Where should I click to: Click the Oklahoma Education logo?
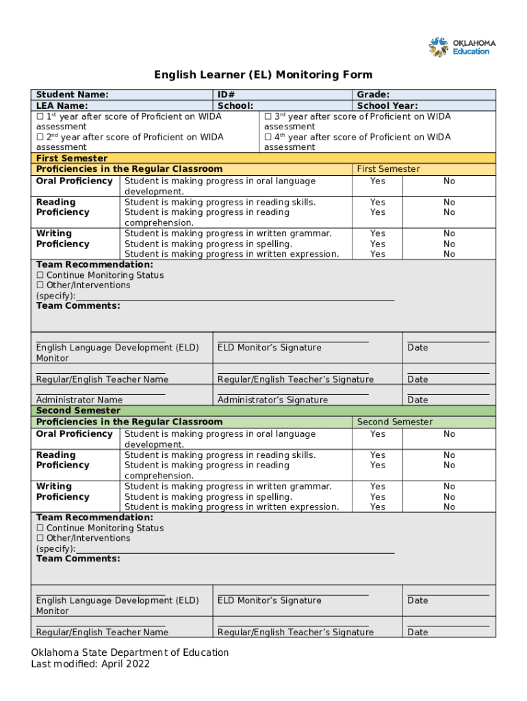click(x=462, y=47)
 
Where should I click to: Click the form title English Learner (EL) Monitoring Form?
click(x=263, y=75)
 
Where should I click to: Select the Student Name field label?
click(x=73, y=95)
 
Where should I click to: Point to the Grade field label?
click(x=373, y=95)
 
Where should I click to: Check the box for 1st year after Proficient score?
click(x=40, y=117)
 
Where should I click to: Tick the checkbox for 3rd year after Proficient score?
click(x=268, y=117)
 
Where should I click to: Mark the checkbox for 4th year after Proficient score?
click(x=268, y=138)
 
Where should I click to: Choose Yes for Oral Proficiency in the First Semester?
click(x=378, y=181)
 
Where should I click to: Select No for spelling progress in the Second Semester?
click(x=449, y=497)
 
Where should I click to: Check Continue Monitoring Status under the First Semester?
click(x=40, y=275)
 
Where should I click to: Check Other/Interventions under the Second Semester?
click(x=40, y=539)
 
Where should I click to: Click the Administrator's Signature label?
click(x=272, y=400)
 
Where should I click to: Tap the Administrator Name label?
click(x=79, y=400)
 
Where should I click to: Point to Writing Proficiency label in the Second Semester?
click(x=62, y=492)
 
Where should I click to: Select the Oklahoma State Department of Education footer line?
click(x=130, y=653)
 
